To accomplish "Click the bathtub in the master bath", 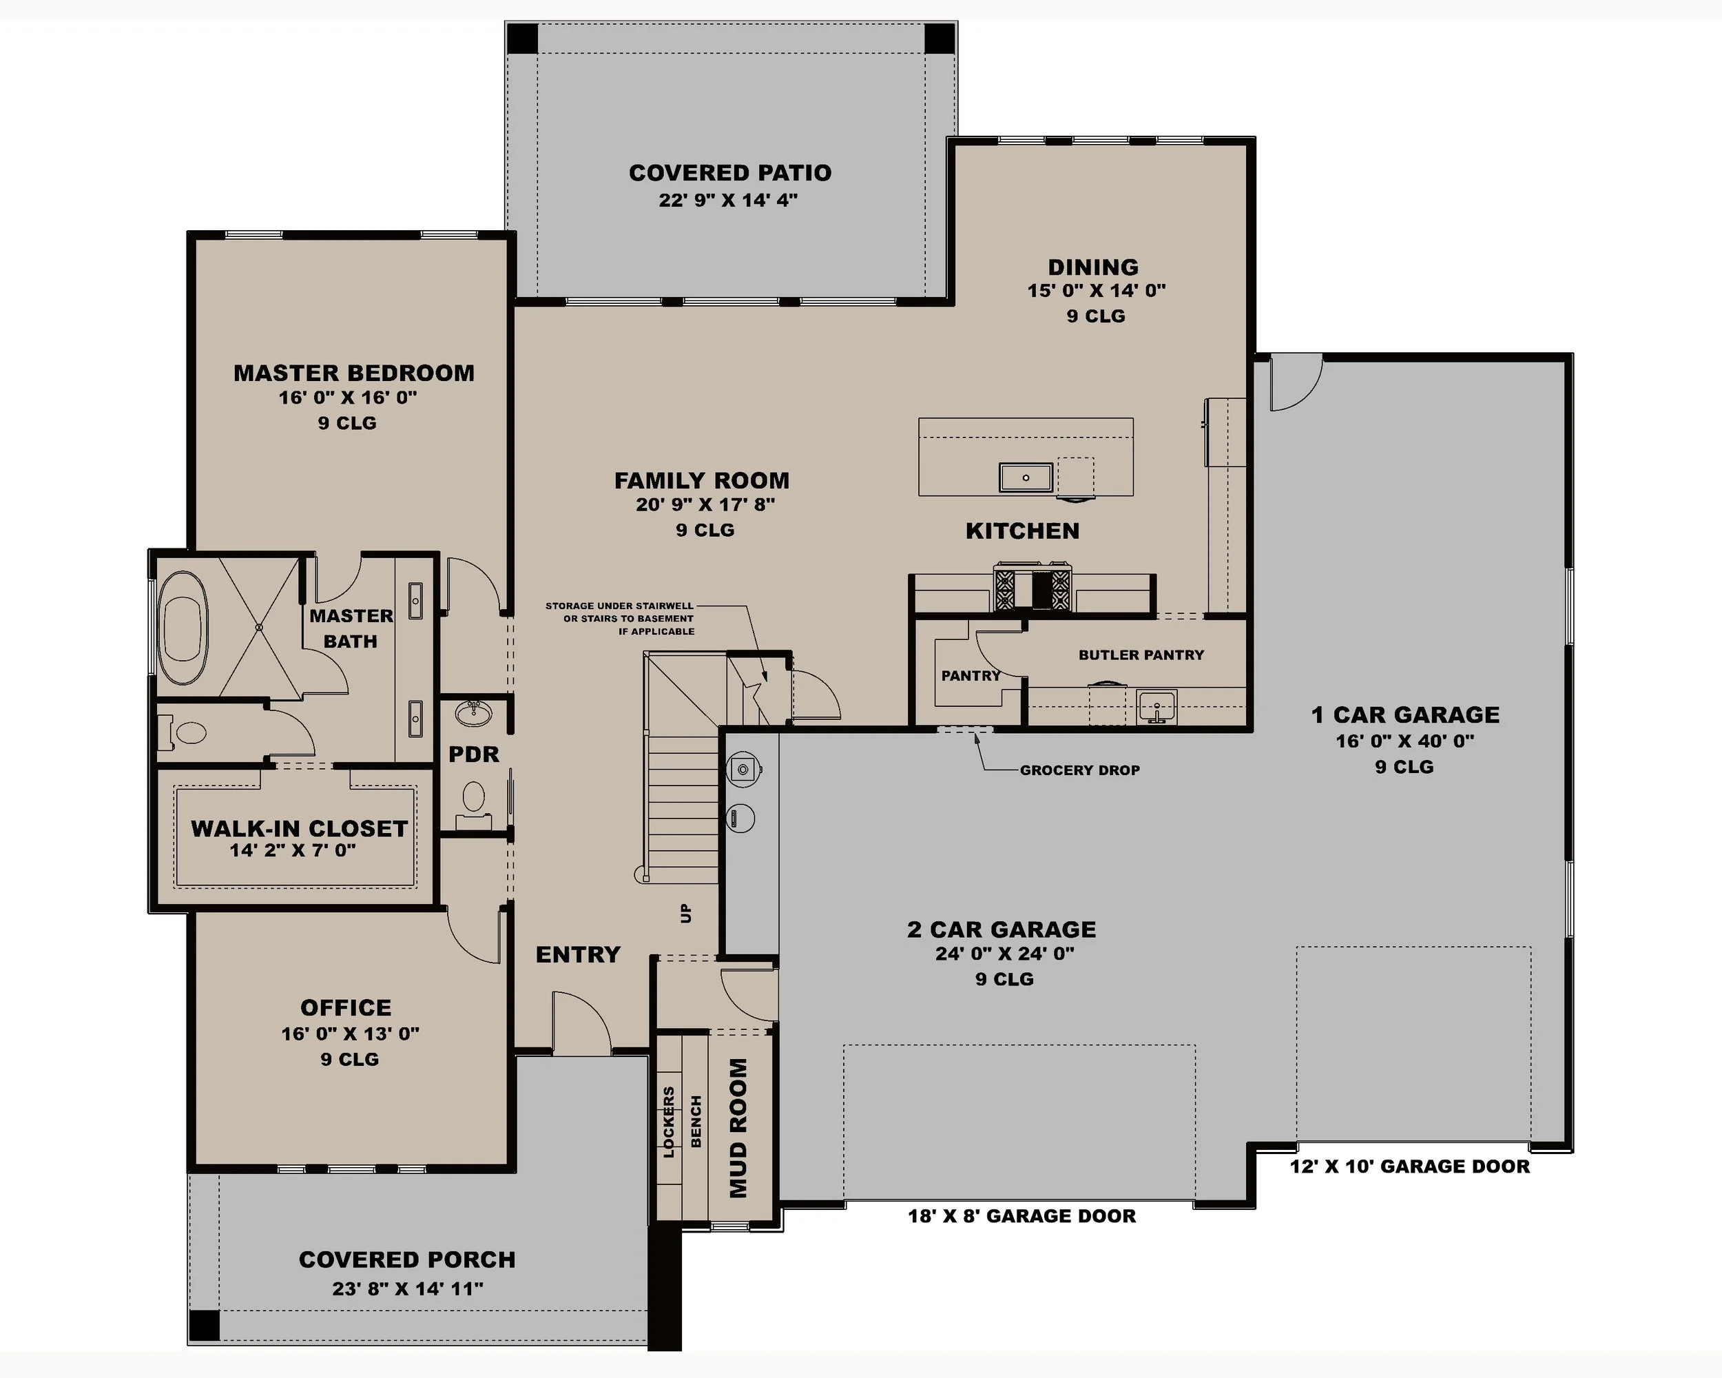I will pyautogui.click(x=185, y=627).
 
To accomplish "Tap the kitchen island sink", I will pyautogui.click(x=1026, y=477).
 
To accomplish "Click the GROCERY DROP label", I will pyautogui.click(x=1079, y=770).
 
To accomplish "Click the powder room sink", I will pyautogui.click(x=474, y=712).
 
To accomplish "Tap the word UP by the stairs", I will pyautogui.click(x=686, y=913).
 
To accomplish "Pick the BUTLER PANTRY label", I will pyautogui.click(x=1141, y=655).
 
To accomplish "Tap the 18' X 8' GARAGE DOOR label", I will pyautogui.click(x=1021, y=1216).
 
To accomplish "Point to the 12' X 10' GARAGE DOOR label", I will pyautogui.click(x=1410, y=1166).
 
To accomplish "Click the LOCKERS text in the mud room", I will pyautogui.click(x=670, y=1122).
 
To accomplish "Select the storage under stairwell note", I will pyautogui.click(x=620, y=618).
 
